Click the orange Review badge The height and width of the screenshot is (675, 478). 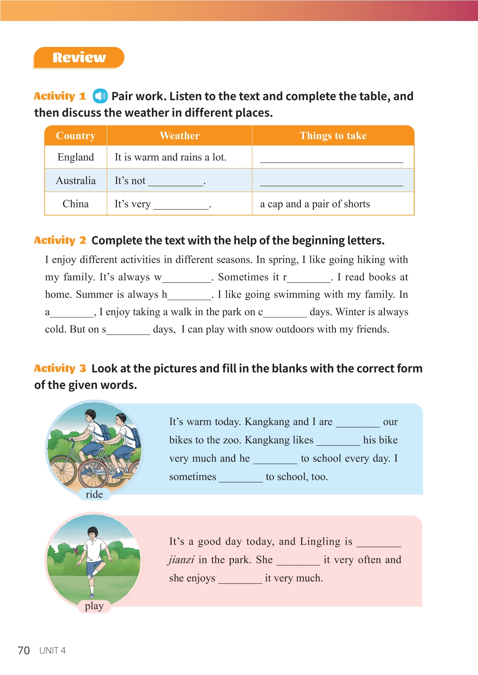(x=79, y=58)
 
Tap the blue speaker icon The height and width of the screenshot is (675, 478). (x=100, y=96)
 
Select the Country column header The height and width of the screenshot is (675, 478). (x=76, y=136)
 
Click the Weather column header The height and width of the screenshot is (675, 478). (x=179, y=136)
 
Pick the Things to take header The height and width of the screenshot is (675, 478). (x=333, y=136)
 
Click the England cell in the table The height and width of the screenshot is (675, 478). (x=76, y=157)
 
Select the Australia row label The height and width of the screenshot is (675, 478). (x=76, y=180)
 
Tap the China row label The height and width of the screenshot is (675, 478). (x=76, y=204)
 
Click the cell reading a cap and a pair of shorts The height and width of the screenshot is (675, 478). (x=315, y=204)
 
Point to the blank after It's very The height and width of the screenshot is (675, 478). (x=181, y=205)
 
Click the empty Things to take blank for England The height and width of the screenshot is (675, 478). (x=331, y=158)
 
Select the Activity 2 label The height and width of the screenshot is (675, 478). (x=60, y=240)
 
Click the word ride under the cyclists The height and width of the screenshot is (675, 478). (x=94, y=494)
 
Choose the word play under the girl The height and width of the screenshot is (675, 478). (x=94, y=606)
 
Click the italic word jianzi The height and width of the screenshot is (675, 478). (x=181, y=560)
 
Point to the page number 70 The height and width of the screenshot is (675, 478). (x=24, y=650)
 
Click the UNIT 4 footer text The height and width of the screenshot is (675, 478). (x=52, y=650)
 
